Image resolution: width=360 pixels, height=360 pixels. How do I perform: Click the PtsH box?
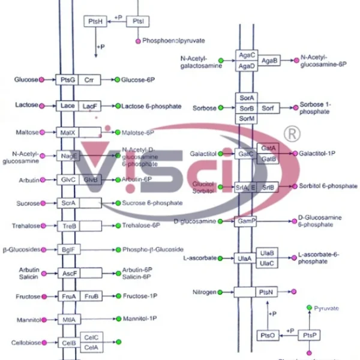(94, 22)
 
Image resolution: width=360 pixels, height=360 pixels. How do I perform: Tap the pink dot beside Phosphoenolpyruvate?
(139, 41)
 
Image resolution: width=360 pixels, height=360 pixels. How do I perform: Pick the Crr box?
(89, 79)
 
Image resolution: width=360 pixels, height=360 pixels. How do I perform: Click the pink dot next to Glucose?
(41, 79)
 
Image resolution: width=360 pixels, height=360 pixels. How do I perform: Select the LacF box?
(89, 106)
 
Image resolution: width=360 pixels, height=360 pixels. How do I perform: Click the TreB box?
(68, 226)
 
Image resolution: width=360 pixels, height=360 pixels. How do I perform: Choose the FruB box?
(91, 296)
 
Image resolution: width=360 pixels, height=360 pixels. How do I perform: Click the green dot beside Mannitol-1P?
(118, 319)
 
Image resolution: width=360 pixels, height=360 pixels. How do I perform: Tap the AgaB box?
(269, 60)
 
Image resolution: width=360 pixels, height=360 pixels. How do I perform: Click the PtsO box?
(268, 335)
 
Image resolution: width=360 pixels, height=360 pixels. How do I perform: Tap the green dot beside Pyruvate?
(309, 308)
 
